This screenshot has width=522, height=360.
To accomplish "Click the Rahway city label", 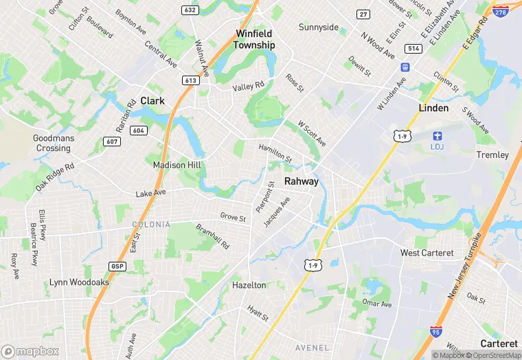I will [302, 181].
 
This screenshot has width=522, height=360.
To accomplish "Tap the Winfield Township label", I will [253, 39].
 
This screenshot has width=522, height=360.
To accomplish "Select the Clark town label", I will [152, 100].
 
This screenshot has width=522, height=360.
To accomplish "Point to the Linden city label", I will [433, 108].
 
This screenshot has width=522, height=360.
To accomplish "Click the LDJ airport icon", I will [438, 136].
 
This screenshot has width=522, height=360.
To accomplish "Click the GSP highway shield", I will [117, 266].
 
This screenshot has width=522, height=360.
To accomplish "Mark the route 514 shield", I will [413, 48].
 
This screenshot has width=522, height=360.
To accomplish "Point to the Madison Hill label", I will [177, 165].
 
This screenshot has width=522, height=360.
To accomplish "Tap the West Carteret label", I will [427, 253].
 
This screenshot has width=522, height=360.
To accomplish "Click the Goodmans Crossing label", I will [54, 143].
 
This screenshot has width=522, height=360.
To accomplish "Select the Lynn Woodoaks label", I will [79, 282].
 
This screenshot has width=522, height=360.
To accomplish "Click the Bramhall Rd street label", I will [212, 236].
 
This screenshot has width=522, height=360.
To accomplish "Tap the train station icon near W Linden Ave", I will [405, 67].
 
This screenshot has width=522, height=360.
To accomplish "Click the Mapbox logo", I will [30, 351].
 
